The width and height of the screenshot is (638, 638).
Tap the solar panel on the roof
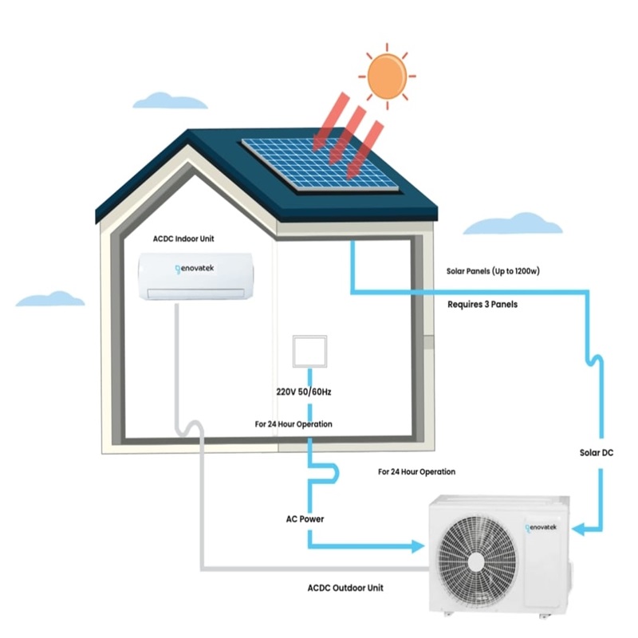point(320,163)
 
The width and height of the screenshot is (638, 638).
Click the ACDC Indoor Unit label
point(183,238)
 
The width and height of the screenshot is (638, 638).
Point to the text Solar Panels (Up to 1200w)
point(494,271)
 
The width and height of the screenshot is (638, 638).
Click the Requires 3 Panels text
point(482,304)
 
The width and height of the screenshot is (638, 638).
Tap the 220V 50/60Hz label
point(305,392)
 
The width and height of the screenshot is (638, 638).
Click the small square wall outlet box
point(309,349)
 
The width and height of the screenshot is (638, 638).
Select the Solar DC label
point(596,453)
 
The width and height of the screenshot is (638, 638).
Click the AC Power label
point(305,519)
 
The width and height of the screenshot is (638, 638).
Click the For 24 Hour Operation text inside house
point(293,424)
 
